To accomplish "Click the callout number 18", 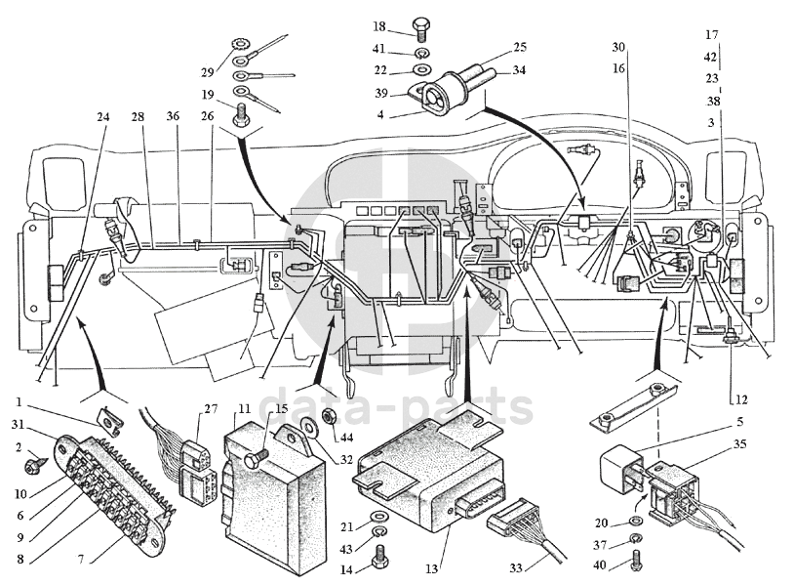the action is tap(379, 26).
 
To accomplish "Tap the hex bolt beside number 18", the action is tap(419, 28).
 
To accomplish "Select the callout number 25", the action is tap(520, 47).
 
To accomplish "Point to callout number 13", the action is tap(431, 569).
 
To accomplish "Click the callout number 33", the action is tap(515, 567).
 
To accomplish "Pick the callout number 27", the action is tap(211, 408).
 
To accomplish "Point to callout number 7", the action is tap(81, 560).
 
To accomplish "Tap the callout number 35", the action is tap(739, 444).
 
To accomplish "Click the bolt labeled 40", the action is tap(637, 558).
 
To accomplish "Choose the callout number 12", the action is tap(741, 400).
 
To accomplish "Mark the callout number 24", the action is tap(103, 117).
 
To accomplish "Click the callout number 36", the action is tap(173, 116).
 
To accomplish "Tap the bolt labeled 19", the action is tap(241, 113).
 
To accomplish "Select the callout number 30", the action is tap(618, 47).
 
